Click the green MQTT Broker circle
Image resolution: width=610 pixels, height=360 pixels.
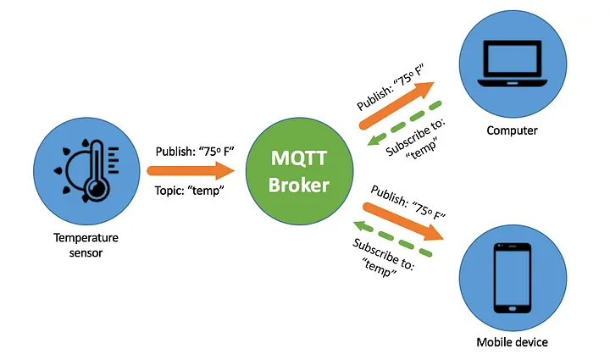(299, 173)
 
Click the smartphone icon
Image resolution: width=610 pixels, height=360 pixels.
(512, 278)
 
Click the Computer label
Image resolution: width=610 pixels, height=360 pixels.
(512, 130)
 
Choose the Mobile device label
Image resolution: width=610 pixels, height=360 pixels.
(512, 342)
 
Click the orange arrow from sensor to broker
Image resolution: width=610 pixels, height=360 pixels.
(196, 172)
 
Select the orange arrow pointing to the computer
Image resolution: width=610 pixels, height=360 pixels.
(396, 106)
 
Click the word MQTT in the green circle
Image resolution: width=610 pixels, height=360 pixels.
(299, 158)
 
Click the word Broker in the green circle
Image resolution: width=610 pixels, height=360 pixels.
(299, 186)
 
